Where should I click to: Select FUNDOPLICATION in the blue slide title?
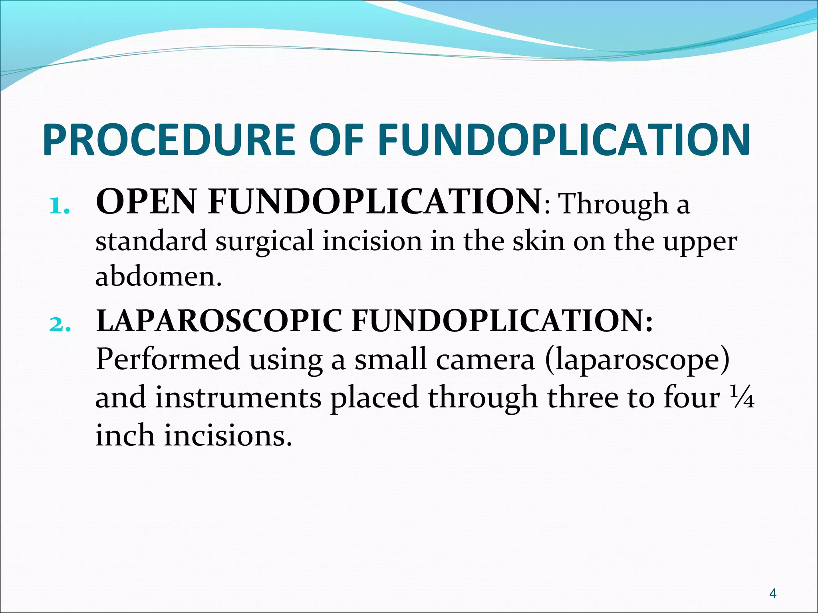point(564,139)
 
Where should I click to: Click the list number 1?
point(59,206)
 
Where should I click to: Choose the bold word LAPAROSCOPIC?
point(219,321)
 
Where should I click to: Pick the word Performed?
point(168,359)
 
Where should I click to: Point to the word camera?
point(485,359)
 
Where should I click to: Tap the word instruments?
point(238,397)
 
